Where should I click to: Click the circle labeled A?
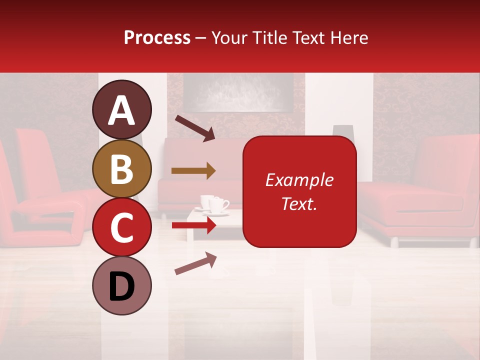click(122, 109)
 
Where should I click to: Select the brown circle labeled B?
click(122, 168)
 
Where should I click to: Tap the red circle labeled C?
click(122, 227)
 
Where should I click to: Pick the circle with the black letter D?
click(122, 286)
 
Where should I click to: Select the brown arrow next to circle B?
click(193, 171)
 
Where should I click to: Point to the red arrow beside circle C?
click(194, 225)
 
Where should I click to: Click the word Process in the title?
click(157, 37)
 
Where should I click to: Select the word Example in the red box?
click(299, 180)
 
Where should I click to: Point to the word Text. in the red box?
click(299, 203)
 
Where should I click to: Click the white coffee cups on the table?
click(215, 204)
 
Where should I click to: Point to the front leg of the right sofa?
click(394, 242)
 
